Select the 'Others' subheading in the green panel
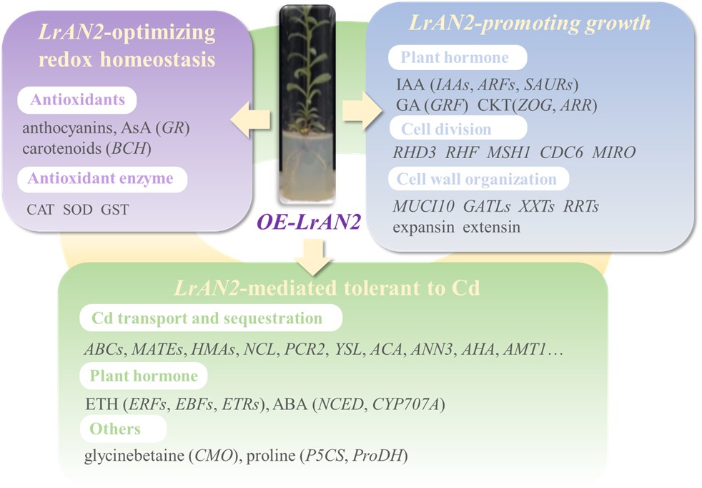pyautogui.click(x=114, y=429)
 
